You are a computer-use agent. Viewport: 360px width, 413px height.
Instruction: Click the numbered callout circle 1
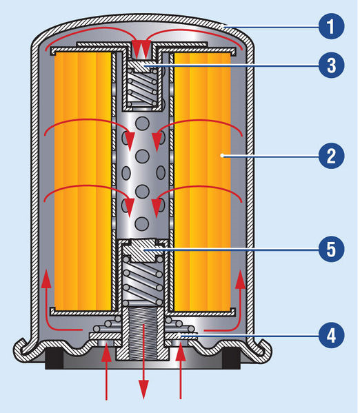[x=331, y=26]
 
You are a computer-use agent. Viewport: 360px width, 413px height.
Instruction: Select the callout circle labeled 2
[x=331, y=156]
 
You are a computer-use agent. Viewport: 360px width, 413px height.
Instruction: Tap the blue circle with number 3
[x=331, y=65]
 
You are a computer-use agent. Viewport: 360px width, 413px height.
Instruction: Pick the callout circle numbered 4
[x=331, y=335]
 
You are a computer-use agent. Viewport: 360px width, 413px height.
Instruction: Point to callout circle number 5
[x=331, y=249]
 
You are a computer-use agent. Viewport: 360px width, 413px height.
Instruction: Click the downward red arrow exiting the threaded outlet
[x=143, y=361]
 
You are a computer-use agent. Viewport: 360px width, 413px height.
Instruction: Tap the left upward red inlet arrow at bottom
[x=106, y=372]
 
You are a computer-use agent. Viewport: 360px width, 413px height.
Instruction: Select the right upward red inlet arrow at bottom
[x=181, y=372]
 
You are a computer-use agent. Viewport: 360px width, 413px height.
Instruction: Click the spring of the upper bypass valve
[x=143, y=88]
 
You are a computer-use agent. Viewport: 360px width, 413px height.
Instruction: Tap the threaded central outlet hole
[x=143, y=334]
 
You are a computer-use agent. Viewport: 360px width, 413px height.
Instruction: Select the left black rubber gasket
[x=54, y=359]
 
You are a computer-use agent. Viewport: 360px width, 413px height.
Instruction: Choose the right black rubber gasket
[x=232, y=359]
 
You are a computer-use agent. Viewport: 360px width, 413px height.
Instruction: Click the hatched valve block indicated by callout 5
[x=143, y=250]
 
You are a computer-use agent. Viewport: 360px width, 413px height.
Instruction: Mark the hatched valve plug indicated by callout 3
[x=143, y=66]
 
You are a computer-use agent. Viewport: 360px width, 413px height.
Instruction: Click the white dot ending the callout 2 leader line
[x=222, y=156]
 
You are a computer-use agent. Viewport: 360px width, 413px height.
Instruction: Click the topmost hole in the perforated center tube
[x=142, y=123]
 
